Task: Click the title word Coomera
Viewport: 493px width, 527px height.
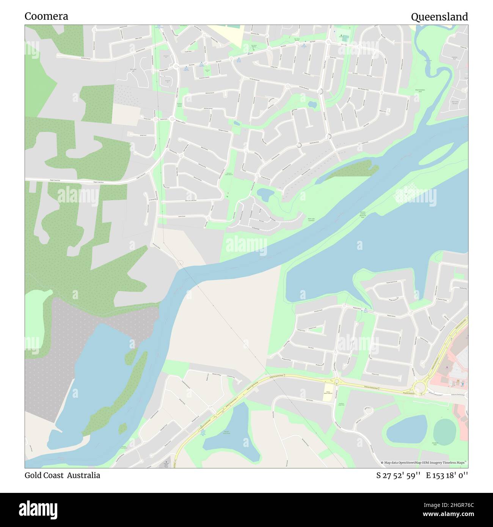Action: [x=46, y=16]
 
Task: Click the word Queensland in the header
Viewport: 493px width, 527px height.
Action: [x=439, y=17]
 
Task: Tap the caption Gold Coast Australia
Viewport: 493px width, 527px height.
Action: [x=63, y=475]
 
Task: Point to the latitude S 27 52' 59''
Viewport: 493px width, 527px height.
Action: [x=398, y=475]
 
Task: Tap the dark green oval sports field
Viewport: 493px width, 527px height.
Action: [x=444, y=431]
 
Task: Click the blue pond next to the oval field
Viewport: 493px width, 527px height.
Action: [x=407, y=429]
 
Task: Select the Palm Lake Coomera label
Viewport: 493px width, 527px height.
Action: [x=311, y=220]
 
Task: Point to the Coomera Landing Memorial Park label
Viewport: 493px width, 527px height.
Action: [x=362, y=215]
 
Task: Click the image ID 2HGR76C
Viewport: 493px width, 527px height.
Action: [x=454, y=505]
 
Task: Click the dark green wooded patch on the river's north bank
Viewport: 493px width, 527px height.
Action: [x=351, y=170]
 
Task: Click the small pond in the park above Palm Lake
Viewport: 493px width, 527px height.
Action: [x=265, y=195]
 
